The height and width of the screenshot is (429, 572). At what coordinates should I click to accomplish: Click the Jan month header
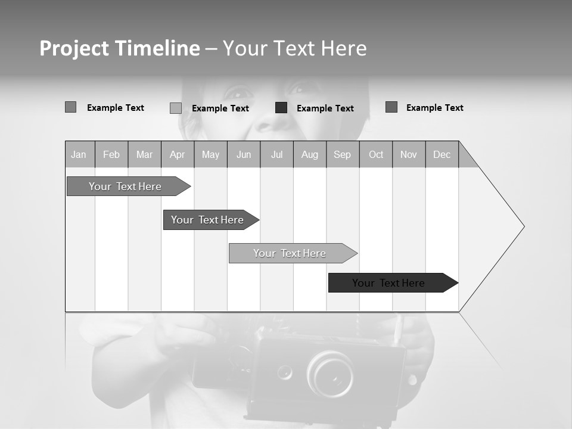pos(79,154)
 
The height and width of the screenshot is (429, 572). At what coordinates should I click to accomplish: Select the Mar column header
pos(144,154)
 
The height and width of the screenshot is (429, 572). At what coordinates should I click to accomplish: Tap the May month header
pos(210,154)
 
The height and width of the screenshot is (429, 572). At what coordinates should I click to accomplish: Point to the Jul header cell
pos(276,154)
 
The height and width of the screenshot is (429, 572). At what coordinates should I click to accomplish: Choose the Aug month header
pos(309,154)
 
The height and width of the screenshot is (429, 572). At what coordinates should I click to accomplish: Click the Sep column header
pos(342,154)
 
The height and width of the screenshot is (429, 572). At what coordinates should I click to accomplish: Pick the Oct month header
pos(375,154)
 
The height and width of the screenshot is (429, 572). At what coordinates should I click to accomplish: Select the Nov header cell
pos(409,154)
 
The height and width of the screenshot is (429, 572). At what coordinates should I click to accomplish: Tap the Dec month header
pos(442,154)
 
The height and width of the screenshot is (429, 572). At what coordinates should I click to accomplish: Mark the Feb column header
pos(111,154)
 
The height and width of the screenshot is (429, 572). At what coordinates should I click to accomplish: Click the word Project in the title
pos(75,48)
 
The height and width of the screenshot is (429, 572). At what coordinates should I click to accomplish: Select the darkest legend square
pos(281,108)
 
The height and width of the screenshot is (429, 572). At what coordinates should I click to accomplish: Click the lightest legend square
pos(176,108)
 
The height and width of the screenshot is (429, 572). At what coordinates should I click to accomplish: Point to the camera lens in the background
pos(331,374)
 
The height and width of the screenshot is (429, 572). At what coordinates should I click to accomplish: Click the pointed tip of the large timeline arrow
pos(523,226)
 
